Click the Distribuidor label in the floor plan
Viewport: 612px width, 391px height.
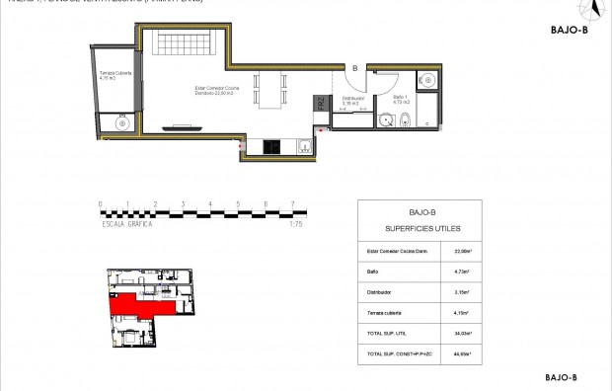353,100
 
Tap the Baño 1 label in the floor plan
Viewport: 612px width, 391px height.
399,99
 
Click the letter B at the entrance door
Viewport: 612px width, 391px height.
355,68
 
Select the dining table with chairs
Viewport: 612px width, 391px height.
268,90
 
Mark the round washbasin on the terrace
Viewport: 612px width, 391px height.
123,122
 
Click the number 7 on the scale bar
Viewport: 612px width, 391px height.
292,204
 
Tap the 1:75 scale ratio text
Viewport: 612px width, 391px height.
295,225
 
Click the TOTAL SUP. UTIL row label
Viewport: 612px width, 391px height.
387,334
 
